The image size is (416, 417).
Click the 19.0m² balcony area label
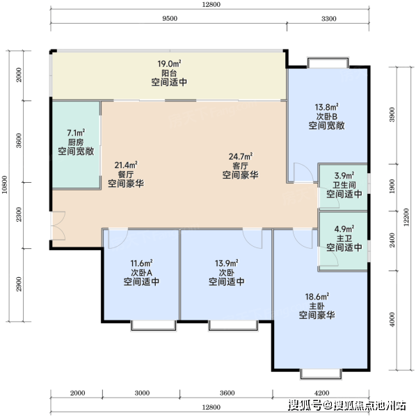point(169,64)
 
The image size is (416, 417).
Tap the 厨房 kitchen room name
point(76,142)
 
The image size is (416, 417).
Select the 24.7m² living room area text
point(241,156)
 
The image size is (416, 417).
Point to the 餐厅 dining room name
point(126,174)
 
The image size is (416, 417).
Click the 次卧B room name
point(327,117)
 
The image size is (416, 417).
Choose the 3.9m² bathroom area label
point(344,176)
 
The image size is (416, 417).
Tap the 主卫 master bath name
point(344,238)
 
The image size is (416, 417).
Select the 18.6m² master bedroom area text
point(317,296)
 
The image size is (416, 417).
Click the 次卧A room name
point(142,272)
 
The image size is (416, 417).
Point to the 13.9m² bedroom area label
point(227,263)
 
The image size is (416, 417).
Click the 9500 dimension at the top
point(170,19)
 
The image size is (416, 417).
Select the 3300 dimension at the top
point(329,19)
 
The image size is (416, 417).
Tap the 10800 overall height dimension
point(5,185)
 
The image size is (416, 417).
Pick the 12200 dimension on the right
point(406,218)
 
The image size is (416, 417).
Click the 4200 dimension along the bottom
point(321,393)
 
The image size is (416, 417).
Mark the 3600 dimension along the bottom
point(227,393)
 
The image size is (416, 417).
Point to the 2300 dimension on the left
point(19,214)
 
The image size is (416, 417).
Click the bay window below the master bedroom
point(321,375)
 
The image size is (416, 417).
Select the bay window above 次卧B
point(328,62)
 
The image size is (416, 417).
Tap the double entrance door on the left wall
point(58,226)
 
